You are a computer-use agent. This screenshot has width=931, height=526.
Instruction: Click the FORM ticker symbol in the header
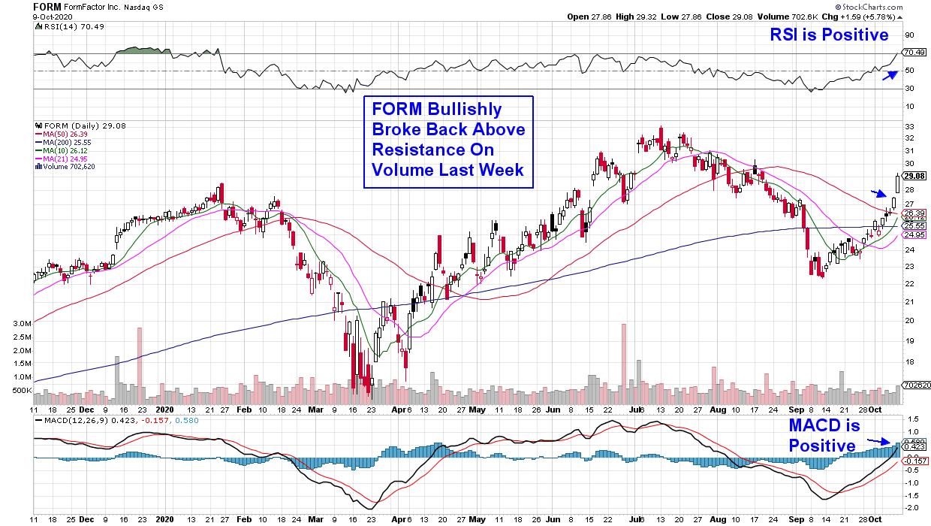point(47,6)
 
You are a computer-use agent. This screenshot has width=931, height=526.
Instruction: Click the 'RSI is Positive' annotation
point(829,35)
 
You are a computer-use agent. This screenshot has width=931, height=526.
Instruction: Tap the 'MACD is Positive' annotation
point(823,436)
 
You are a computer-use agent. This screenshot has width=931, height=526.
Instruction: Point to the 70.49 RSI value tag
point(914,53)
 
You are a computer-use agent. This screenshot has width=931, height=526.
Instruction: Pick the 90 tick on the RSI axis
point(909,35)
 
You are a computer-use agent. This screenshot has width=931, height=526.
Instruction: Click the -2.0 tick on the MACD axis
point(911,508)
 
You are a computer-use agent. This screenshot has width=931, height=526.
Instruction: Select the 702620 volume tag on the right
point(915,385)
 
